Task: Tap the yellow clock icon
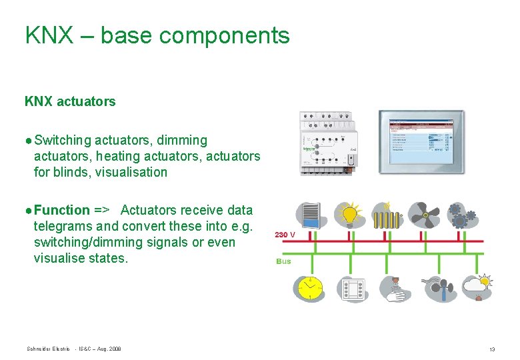[309, 288]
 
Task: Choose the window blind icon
[311, 215]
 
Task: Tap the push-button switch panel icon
[354, 288]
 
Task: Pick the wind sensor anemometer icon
[437, 288]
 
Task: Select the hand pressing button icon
[396, 288]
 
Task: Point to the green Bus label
[283, 261]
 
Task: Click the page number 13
[492, 349]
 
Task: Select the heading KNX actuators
[70, 101]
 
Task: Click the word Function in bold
[62, 210]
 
